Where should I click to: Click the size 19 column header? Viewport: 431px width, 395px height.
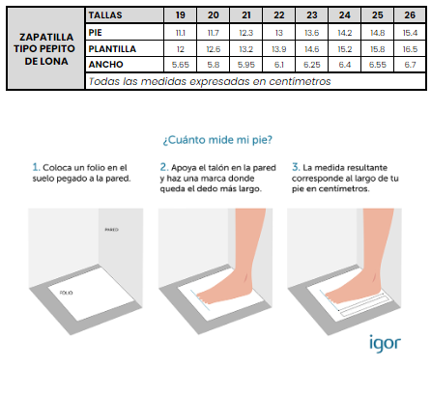point(181,15)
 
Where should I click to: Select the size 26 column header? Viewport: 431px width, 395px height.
point(410,15)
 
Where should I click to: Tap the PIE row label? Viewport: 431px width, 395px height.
point(95,33)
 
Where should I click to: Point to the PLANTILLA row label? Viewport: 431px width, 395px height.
point(112,49)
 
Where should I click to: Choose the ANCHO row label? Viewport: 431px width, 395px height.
point(105,65)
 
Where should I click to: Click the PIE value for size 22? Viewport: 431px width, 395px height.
point(279,33)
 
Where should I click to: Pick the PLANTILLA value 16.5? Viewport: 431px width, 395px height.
point(410,49)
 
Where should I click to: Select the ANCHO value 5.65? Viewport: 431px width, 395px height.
point(181,65)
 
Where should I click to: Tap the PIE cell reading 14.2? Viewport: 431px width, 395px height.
point(345,33)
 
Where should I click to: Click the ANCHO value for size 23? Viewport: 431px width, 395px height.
point(312,65)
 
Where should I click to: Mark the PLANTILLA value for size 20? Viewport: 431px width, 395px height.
point(214,49)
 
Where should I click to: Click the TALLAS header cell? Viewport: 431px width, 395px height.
point(105,15)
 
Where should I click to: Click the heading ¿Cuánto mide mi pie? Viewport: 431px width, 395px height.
point(217,140)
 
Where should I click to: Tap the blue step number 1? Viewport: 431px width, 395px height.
point(36,167)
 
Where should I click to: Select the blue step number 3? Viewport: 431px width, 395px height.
point(296,167)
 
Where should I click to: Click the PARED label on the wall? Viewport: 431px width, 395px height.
point(111,230)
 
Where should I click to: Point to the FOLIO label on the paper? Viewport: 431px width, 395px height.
point(66,293)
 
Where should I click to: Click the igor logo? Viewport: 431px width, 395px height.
point(385,344)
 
